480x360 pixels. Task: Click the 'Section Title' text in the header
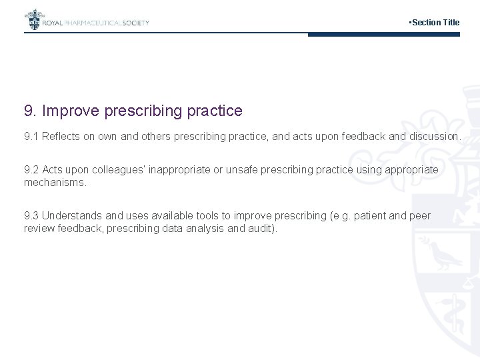[x=435, y=23]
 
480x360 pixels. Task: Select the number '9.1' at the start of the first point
[x=31, y=136]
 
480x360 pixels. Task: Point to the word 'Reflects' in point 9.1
[x=62, y=136]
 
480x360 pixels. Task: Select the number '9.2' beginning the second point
[x=31, y=169]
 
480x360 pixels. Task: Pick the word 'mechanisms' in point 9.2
[x=54, y=182]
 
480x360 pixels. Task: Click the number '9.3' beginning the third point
[x=31, y=215]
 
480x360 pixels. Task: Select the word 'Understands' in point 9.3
[x=73, y=215]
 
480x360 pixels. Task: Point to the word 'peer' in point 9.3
[x=420, y=215]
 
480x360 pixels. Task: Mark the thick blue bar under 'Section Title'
[x=384, y=35]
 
